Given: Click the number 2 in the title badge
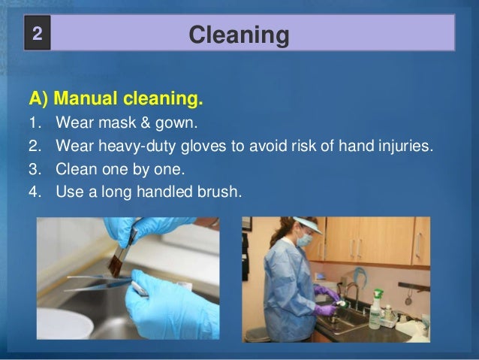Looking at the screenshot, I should pyautogui.click(x=38, y=35).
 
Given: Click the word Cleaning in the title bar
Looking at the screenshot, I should pyautogui.click(x=239, y=35).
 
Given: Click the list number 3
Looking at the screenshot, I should pyautogui.click(x=34, y=168).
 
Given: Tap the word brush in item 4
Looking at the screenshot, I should pyautogui.click(x=218, y=190).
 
